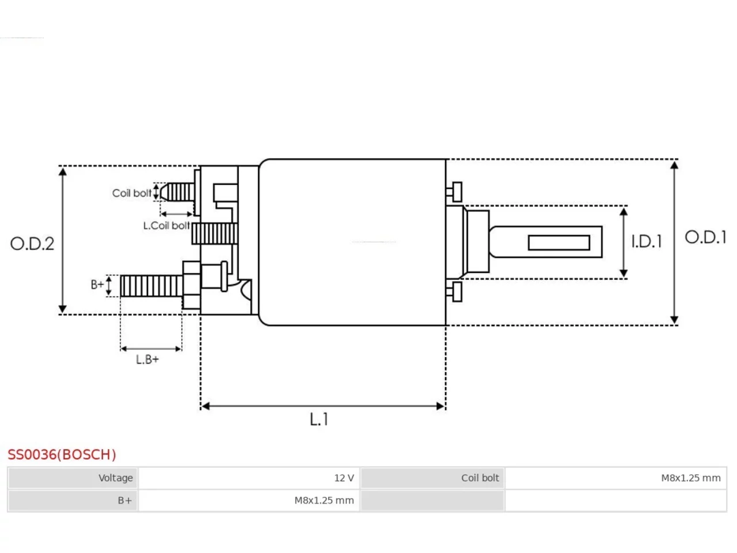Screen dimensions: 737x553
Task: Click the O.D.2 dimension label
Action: tap(32, 244)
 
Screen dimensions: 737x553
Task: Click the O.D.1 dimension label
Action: tap(705, 237)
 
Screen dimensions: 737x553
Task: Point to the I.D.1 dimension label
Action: tap(647, 241)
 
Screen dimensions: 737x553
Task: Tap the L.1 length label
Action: tap(318, 419)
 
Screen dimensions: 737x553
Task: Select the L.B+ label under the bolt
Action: tap(147, 359)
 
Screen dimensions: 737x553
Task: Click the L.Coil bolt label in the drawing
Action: tap(166, 226)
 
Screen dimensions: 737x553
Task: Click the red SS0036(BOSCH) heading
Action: tap(62, 454)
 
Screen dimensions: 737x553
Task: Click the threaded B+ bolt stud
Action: tap(151, 286)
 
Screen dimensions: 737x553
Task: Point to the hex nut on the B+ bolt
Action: tap(192, 285)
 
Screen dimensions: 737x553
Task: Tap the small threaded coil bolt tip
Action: tap(177, 192)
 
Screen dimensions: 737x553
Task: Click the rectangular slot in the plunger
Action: tap(559, 243)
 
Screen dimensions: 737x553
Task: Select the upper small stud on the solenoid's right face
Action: tap(454, 192)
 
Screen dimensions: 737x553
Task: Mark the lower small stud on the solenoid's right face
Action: tap(454, 292)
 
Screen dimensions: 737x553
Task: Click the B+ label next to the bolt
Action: tap(97, 285)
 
